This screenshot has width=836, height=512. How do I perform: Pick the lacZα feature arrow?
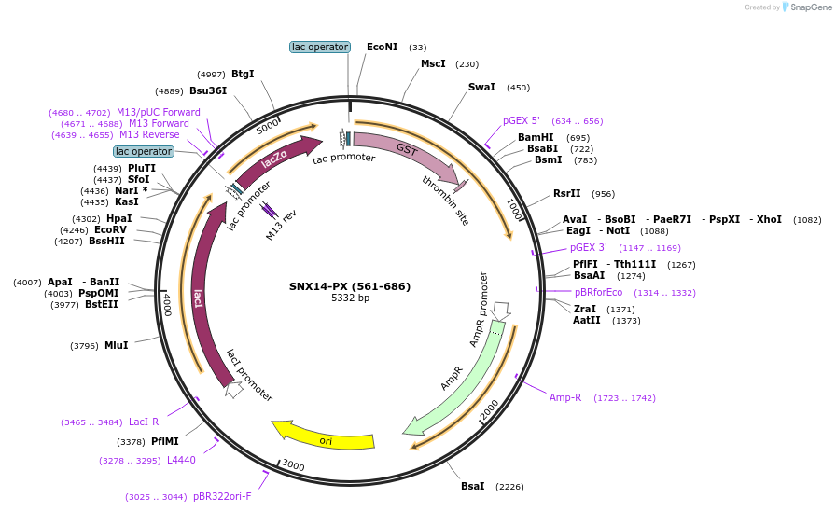(x=275, y=159)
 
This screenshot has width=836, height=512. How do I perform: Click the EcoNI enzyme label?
(x=382, y=47)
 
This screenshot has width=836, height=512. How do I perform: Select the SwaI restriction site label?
(x=481, y=88)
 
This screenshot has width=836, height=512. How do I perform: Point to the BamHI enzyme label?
(x=536, y=137)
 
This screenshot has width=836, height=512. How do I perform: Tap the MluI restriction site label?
(x=116, y=345)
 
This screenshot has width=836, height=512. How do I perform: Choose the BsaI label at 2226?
(x=473, y=486)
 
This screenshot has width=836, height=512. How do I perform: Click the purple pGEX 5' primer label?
(x=522, y=120)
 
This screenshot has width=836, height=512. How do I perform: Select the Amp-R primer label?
(x=565, y=397)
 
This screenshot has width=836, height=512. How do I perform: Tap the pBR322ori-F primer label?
(x=222, y=496)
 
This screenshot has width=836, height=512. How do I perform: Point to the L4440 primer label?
(x=181, y=460)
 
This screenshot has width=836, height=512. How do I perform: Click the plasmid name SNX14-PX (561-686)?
(x=350, y=286)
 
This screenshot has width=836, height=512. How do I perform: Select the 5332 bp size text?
(x=350, y=298)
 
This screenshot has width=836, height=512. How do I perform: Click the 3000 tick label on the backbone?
(x=292, y=465)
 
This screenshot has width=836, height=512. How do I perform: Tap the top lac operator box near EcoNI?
(x=319, y=47)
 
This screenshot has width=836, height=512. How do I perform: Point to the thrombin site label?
(x=445, y=200)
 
